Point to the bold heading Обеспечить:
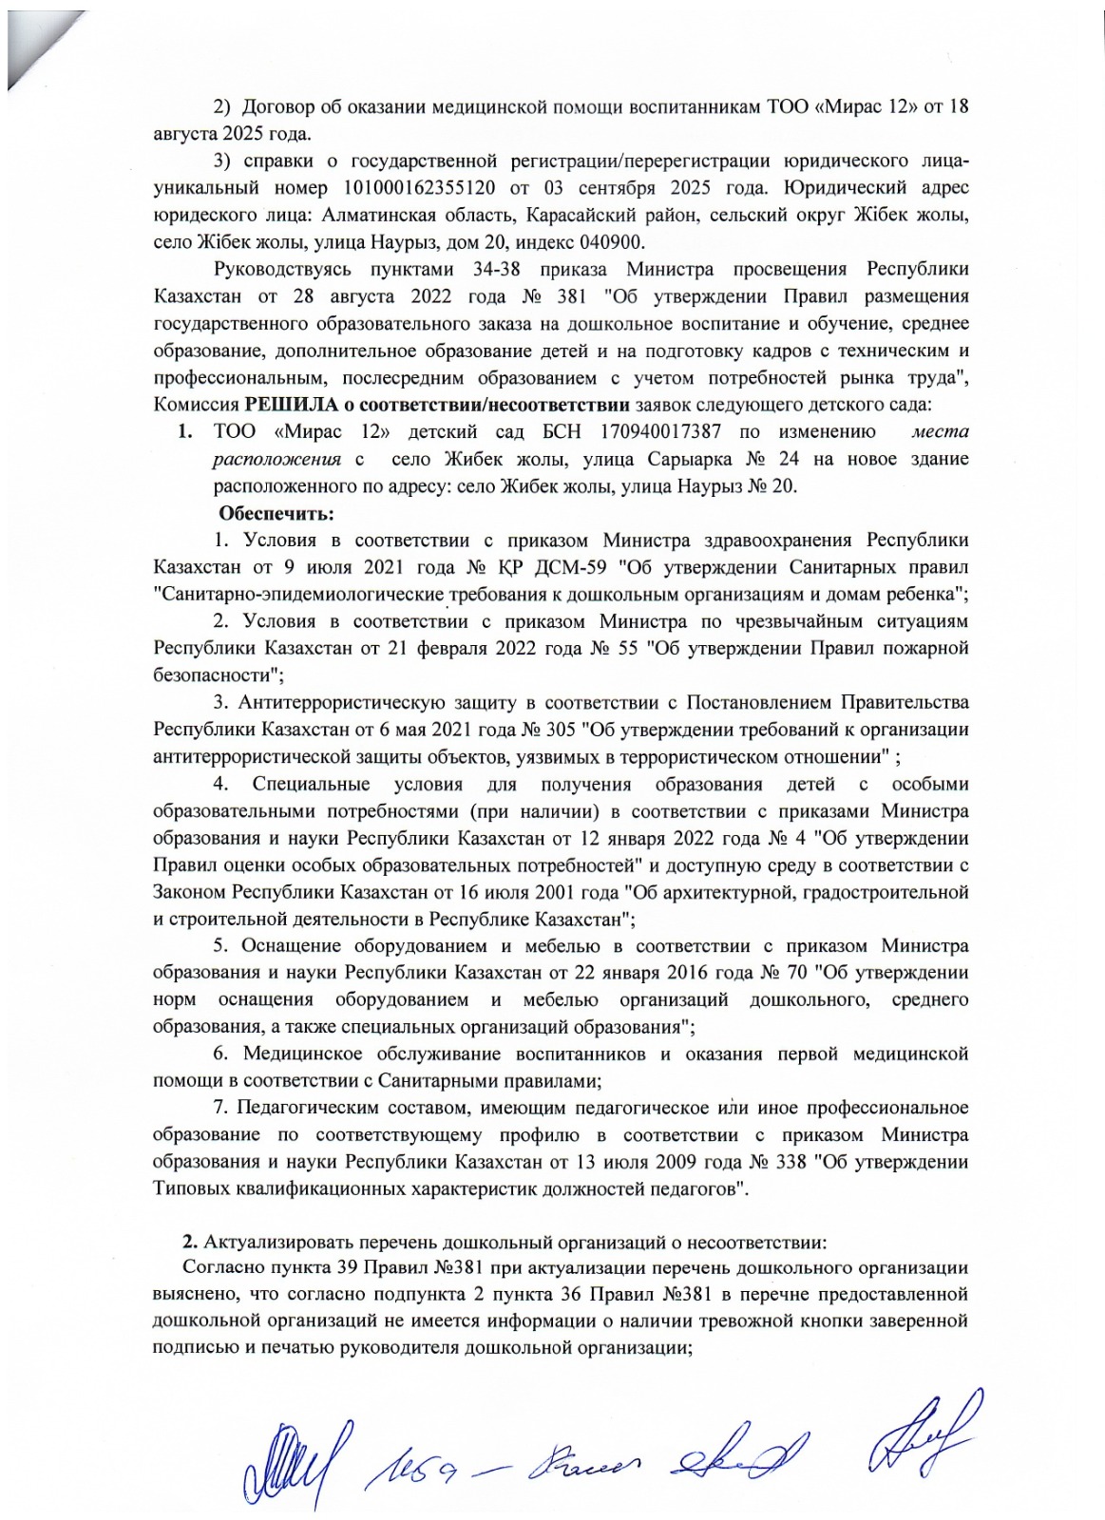click(276, 514)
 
